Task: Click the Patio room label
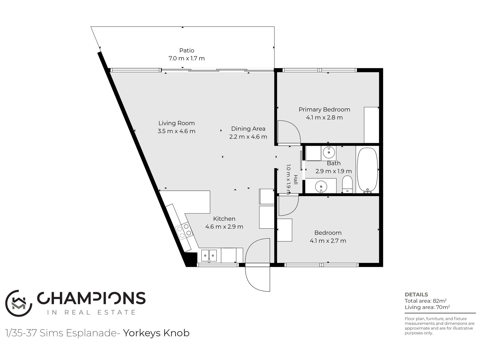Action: click(x=187, y=50)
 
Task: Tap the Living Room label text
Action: click(x=177, y=123)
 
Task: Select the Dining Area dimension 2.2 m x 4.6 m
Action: click(x=248, y=137)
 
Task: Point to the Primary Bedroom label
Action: click(x=324, y=109)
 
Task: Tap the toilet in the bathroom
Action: click(x=347, y=184)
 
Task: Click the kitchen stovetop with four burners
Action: click(x=184, y=231)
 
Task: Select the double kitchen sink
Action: click(x=209, y=256)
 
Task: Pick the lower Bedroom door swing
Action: click(x=288, y=206)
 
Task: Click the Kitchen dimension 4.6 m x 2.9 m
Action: click(x=224, y=227)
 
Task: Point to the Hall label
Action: click(x=296, y=180)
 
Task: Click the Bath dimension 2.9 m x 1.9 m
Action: click(x=333, y=171)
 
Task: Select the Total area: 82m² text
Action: click(x=425, y=301)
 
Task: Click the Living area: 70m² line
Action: click(x=427, y=307)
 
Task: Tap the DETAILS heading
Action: click(x=416, y=295)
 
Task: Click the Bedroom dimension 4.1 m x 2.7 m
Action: click(x=328, y=241)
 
